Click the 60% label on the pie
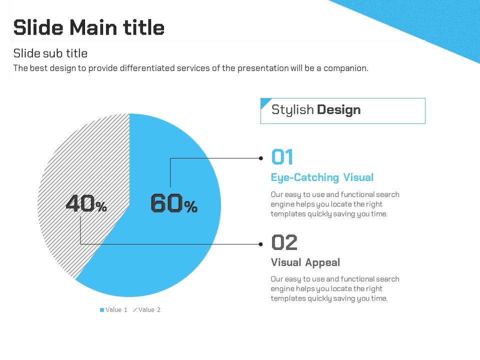coord(174,203)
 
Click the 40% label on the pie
coord(86,203)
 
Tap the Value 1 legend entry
coord(113,310)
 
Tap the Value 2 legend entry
coord(146,310)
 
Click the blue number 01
coord(282,157)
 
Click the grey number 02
coord(284,242)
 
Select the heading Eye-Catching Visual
coord(322,177)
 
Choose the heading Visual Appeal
coord(305,262)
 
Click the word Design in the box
coord(338,109)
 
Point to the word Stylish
coord(292,110)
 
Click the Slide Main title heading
coord(89,27)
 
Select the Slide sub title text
coord(50,53)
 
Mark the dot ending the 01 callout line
coord(261,158)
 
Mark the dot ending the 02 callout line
coord(261,244)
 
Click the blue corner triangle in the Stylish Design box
coord(264,101)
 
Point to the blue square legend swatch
coord(102,310)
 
